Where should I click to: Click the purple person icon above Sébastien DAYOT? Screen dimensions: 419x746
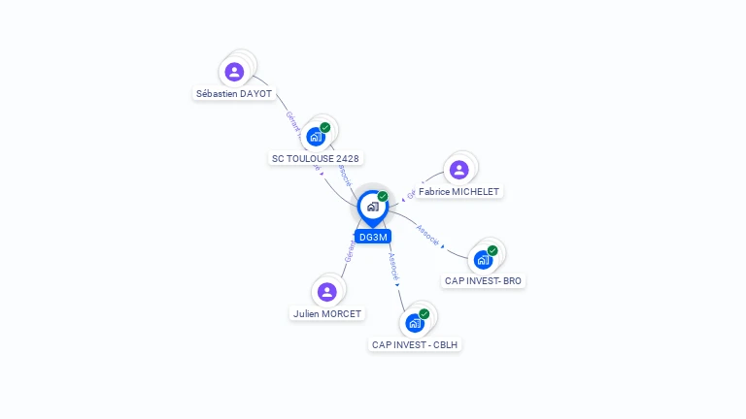point(234,72)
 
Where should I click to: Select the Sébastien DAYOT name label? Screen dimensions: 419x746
point(234,94)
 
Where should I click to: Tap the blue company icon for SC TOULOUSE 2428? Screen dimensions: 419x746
point(315,137)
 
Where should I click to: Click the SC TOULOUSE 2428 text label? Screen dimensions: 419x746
point(317,158)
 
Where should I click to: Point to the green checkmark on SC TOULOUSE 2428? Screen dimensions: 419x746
point(325,127)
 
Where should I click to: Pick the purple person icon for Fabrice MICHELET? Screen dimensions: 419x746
point(459,170)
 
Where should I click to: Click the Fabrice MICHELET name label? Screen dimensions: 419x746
point(458,192)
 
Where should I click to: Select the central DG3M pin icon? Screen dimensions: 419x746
point(372,207)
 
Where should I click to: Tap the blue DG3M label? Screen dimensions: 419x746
point(373,237)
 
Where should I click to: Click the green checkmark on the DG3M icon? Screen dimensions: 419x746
point(383,196)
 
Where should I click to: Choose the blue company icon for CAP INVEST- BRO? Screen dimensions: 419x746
point(483,260)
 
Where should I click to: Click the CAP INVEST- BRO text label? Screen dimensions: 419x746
point(483,281)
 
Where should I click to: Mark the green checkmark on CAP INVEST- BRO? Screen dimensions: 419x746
point(492,250)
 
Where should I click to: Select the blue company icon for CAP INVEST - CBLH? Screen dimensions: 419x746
point(415,323)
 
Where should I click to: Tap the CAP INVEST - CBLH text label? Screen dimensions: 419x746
point(415,344)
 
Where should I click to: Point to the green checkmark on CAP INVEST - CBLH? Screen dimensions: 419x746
point(424,313)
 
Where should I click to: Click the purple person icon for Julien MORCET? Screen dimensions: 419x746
point(327,291)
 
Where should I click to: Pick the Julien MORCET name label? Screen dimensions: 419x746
point(327,314)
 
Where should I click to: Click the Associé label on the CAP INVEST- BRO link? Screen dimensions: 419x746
point(427,234)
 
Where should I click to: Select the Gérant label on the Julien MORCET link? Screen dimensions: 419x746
point(350,249)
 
